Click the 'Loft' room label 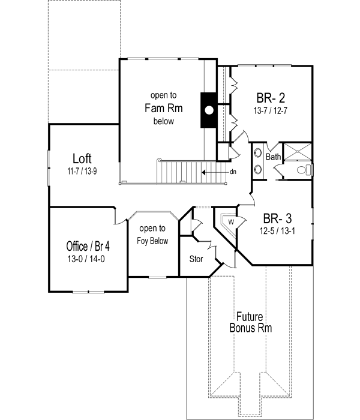coord(82,159)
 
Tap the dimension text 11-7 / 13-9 coord(82,170)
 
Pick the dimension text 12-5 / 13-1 coord(277,229)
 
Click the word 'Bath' coord(274,157)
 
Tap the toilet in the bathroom coord(305,170)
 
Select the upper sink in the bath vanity coord(259,153)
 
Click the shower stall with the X coord(297,152)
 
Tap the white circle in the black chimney coord(209,110)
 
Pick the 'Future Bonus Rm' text coord(251,322)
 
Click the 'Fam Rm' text coord(163,109)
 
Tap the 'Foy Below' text coord(153,241)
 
